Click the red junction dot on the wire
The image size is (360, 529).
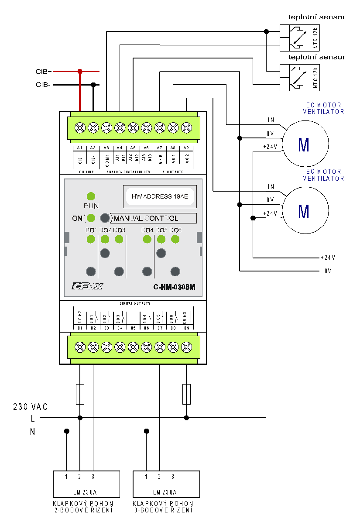80,71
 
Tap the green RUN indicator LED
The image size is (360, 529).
91,196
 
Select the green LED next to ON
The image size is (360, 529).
91,218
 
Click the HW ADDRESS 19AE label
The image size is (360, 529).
160,197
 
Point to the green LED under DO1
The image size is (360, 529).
91,239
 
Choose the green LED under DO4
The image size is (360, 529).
147,239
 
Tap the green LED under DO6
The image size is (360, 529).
175,239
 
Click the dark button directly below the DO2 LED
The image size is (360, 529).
105,253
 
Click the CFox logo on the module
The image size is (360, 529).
87,287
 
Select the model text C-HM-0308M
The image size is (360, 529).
174,287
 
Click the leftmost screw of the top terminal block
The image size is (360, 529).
79,127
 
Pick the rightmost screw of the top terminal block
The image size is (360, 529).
187,127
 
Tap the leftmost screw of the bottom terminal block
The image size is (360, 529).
79,347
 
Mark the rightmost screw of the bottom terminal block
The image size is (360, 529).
187,347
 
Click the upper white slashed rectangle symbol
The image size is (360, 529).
300,38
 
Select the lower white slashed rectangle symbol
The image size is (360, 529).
300,78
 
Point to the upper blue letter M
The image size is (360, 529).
304,145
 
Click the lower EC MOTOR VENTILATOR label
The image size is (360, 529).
323,175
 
